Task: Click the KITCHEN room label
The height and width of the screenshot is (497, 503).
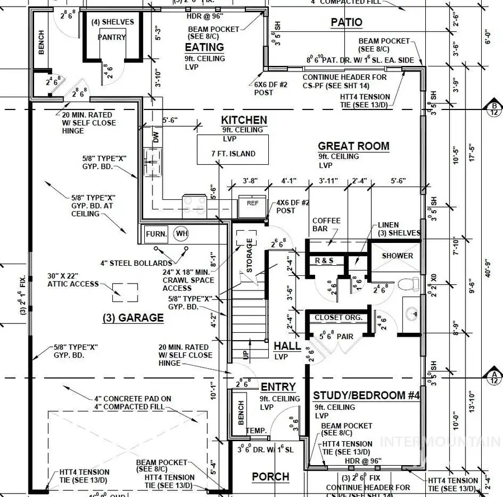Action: [x=244, y=120]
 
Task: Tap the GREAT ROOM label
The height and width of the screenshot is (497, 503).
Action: [x=353, y=146]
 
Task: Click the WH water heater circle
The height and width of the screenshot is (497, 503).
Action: [x=181, y=233]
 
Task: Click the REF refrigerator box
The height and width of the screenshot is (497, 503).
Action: [x=253, y=204]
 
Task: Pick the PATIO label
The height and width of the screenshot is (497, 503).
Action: [x=346, y=22]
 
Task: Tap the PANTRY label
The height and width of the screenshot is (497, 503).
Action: [x=112, y=37]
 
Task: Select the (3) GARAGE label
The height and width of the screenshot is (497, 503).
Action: [x=132, y=318]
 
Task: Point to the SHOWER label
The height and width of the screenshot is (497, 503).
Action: [x=397, y=256]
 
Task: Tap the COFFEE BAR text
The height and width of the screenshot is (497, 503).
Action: [x=326, y=224]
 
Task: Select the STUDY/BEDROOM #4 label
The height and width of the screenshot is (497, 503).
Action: [x=366, y=395]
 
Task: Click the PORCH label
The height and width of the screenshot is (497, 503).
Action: [x=271, y=477]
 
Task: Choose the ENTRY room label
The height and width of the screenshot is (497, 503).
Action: [x=278, y=387]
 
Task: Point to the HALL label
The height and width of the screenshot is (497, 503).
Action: [x=287, y=346]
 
